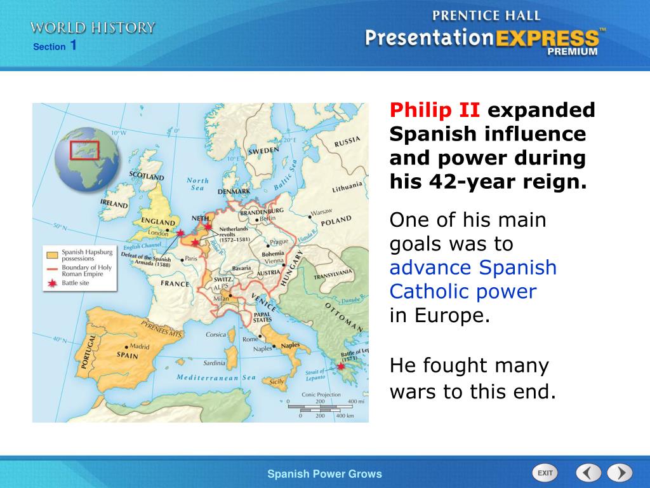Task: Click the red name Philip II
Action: coord(435,111)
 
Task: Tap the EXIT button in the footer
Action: coord(544,473)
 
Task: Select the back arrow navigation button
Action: coord(588,473)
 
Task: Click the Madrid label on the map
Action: coord(139,347)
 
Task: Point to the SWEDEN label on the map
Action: coord(263,151)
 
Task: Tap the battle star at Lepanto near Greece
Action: coord(341,366)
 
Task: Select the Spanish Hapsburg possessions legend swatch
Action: coord(51,255)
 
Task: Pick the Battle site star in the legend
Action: coord(51,282)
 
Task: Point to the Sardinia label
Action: coord(213,363)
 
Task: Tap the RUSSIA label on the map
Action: coord(347,141)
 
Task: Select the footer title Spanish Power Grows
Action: coord(324,473)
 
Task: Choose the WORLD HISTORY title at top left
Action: coord(93,27)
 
